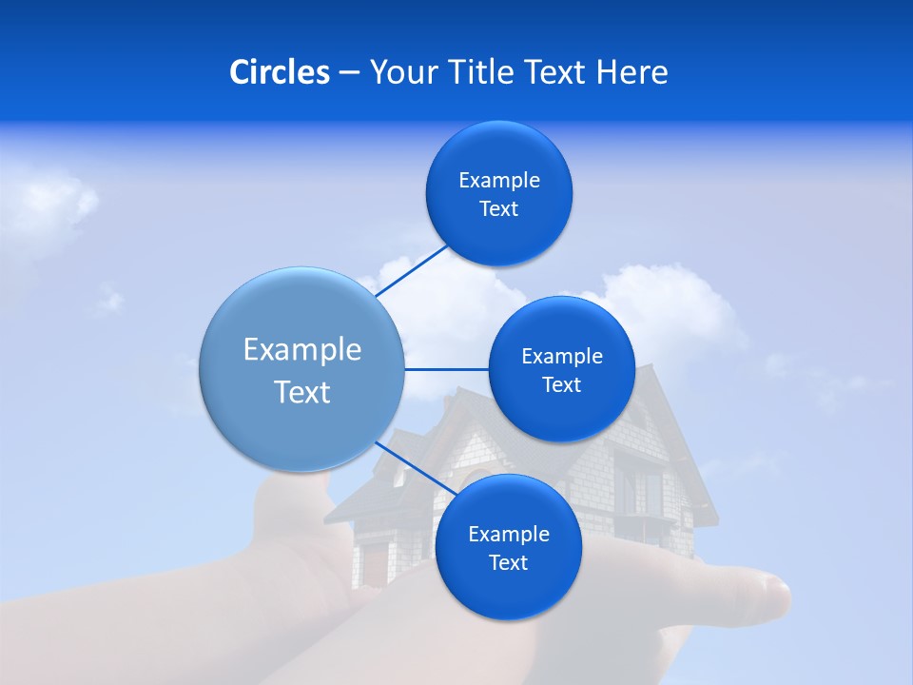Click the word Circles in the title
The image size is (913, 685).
[280, 72]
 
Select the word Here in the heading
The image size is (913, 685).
[632, 72]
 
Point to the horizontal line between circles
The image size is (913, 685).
[446, 369]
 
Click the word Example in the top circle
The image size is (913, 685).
[499, 181]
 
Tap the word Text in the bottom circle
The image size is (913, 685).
[508, 562]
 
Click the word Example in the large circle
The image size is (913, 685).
[302, 350]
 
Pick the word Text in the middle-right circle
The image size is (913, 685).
[561, 384]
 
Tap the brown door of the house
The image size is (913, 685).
[377, 563]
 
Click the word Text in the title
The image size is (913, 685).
[556, 72]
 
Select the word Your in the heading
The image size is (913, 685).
[398, 72]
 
